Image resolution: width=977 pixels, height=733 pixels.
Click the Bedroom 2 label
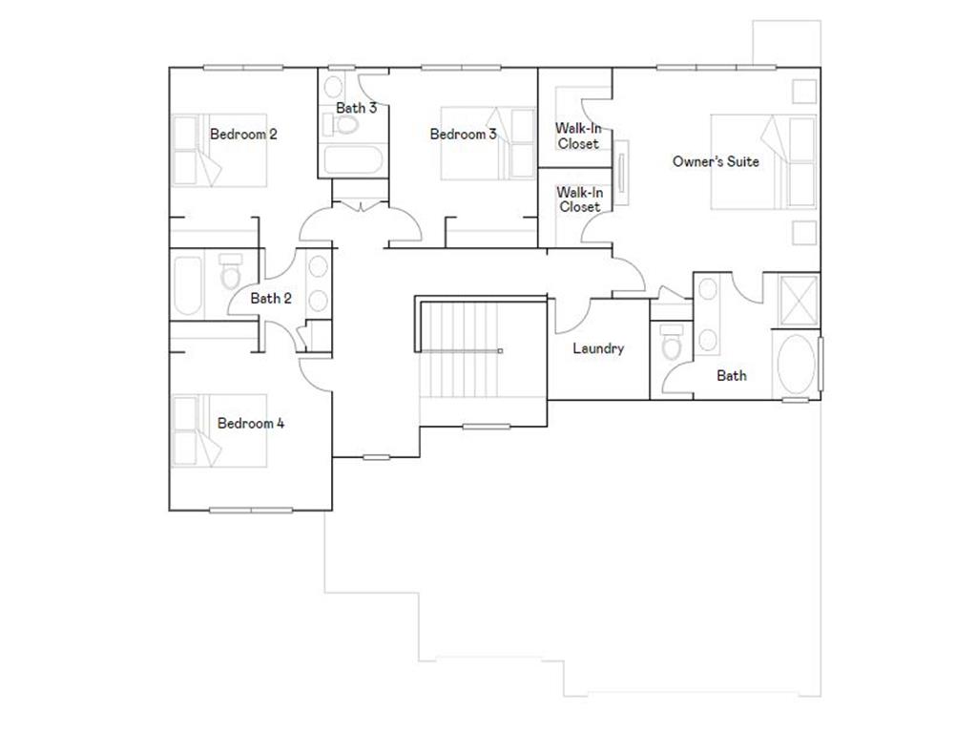[243, 135]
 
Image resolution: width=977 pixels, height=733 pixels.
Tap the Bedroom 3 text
[463, 135]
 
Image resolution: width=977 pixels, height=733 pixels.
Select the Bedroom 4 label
[251, 423]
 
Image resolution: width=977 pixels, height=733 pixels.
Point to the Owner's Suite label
[716, 162]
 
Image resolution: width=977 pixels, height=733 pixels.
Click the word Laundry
[598, 348]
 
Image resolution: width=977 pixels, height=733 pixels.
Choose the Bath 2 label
[271, 299]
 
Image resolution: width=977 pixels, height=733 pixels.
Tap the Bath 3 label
[356, 108]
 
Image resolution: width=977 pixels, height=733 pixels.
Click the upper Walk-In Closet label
[579, 136]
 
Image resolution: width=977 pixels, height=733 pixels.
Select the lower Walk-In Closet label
[579, 199]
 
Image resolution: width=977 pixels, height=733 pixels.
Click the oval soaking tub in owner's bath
[796, 365]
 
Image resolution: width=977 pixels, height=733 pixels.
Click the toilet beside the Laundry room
[672, 342]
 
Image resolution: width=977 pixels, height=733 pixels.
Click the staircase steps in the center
[460, 350]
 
